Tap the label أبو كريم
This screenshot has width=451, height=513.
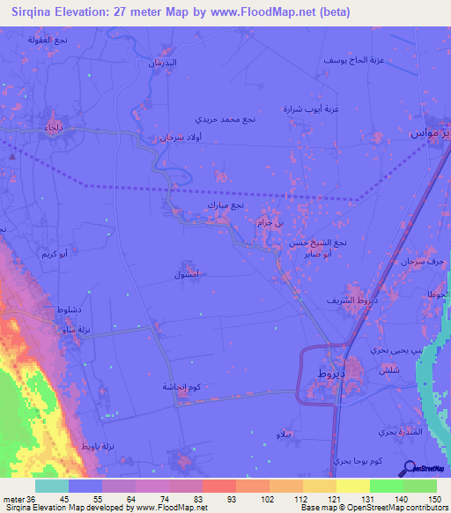55,254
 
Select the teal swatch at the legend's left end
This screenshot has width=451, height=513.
52,486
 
